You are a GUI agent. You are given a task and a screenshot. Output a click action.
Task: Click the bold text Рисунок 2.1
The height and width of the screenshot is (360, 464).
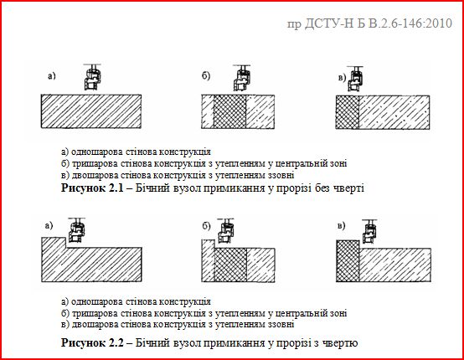93,189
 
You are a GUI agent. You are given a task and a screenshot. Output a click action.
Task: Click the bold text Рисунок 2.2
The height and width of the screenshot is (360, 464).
93,343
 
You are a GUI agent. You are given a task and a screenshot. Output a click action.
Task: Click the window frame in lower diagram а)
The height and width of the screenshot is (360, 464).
77,230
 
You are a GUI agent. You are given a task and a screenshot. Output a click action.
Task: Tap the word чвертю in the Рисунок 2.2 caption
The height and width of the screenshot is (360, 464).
340,343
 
